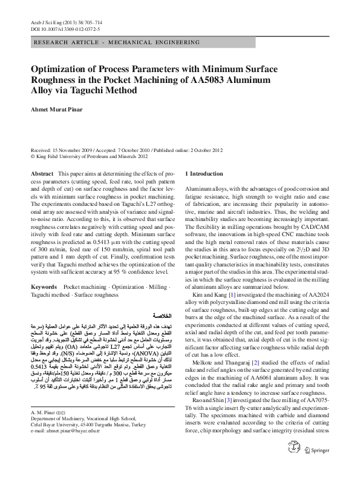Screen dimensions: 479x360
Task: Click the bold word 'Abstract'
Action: pyautogui.click(x=42, y=173)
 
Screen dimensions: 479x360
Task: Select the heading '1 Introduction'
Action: pyautogui.click(x=204, y=173)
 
